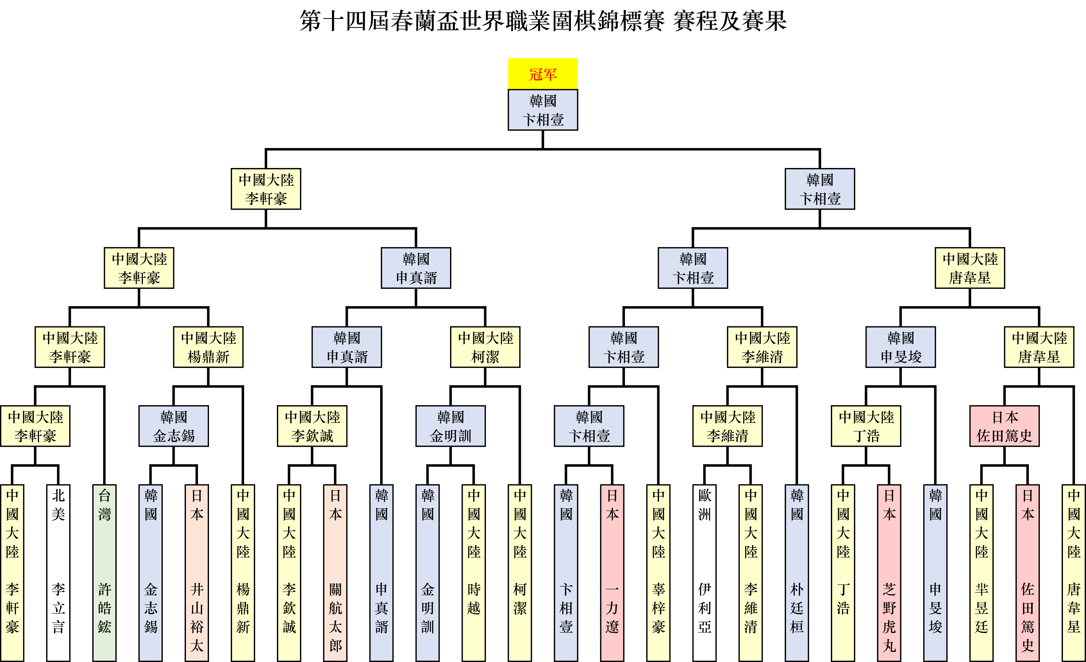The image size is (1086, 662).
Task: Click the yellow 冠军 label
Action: [543, 74]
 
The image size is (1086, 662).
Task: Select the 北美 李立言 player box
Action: [58, 572]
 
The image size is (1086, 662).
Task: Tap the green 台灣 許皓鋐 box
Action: [104, 572]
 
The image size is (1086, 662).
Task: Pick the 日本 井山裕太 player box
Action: [197, 572]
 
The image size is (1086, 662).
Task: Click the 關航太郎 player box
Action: [335, 572]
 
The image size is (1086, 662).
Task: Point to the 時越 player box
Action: [474, 572]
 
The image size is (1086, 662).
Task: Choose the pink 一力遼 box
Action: [612, 572]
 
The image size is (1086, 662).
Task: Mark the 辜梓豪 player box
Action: [658, 572]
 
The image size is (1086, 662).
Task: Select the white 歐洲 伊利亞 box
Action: [704, 572]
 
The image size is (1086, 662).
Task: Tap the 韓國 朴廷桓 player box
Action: [797, 572]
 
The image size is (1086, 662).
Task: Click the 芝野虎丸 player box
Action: [889, 572]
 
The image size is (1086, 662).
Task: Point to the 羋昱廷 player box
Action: [982, 572]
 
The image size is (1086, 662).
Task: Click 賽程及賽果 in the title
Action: [730, 21]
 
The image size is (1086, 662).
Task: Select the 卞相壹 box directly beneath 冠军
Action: [543, 110]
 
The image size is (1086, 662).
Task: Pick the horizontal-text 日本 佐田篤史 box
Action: [1004, 426]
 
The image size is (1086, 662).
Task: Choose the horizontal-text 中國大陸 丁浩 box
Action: [866, 426]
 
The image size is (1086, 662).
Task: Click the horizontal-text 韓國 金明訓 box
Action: [450, 426]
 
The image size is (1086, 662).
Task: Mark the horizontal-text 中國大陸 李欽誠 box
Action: [312, 426]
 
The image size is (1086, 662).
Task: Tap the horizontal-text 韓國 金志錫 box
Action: [174, 426]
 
